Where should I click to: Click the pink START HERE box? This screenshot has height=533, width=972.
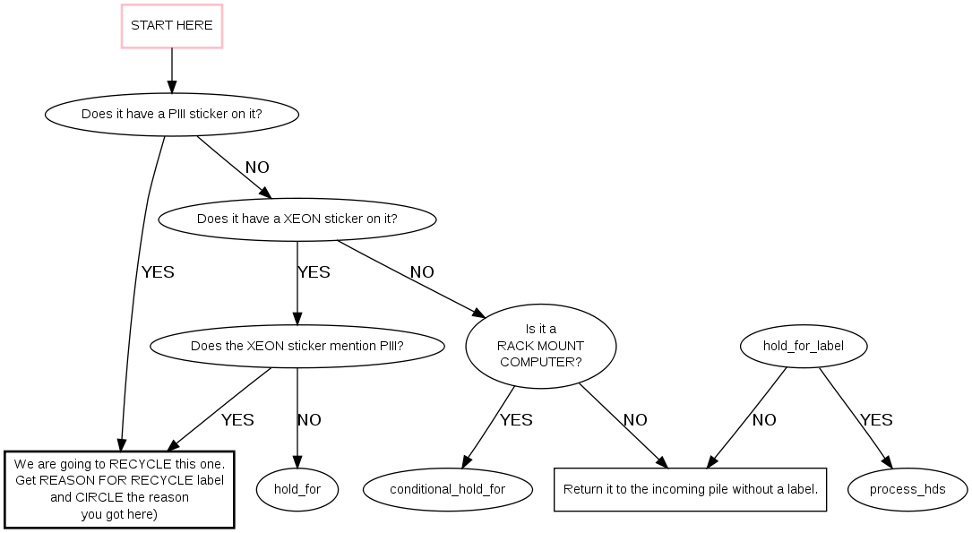[x=172, y=26]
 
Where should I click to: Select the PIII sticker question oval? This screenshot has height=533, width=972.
[x=172, y=115]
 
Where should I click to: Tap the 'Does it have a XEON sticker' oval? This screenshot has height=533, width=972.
[x=297, y=219]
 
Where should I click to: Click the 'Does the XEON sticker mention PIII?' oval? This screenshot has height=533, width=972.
[x=297, y=347]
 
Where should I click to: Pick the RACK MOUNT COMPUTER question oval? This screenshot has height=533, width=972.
[x=541, y=347]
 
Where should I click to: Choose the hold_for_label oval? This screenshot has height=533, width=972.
[x=804, y=347]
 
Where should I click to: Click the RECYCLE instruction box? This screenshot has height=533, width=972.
[x=119, y=489]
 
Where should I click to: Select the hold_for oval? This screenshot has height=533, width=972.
[x=297, y=489]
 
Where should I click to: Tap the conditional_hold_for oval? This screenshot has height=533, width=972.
[x=448, y=489]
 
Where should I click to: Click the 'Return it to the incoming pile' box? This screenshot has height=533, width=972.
[x=690, y=489]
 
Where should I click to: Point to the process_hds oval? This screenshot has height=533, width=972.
[x=907, y=489]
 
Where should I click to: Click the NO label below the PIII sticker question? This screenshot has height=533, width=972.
[x=257, y=168]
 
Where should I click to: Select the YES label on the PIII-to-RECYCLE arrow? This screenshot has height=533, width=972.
[x=158, y=272]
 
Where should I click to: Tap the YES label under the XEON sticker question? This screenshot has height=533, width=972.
[x=314, y=272]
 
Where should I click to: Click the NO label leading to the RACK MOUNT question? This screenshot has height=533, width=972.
[x=422, y=272]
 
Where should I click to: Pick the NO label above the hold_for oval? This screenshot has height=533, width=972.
[x=309, y=420]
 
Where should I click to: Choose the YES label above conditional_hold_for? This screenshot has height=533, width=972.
[x=516, y=420]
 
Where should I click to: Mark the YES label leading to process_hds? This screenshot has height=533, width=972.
[x=876, y=420]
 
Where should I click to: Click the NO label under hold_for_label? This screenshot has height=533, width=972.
[x=764, y=420]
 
